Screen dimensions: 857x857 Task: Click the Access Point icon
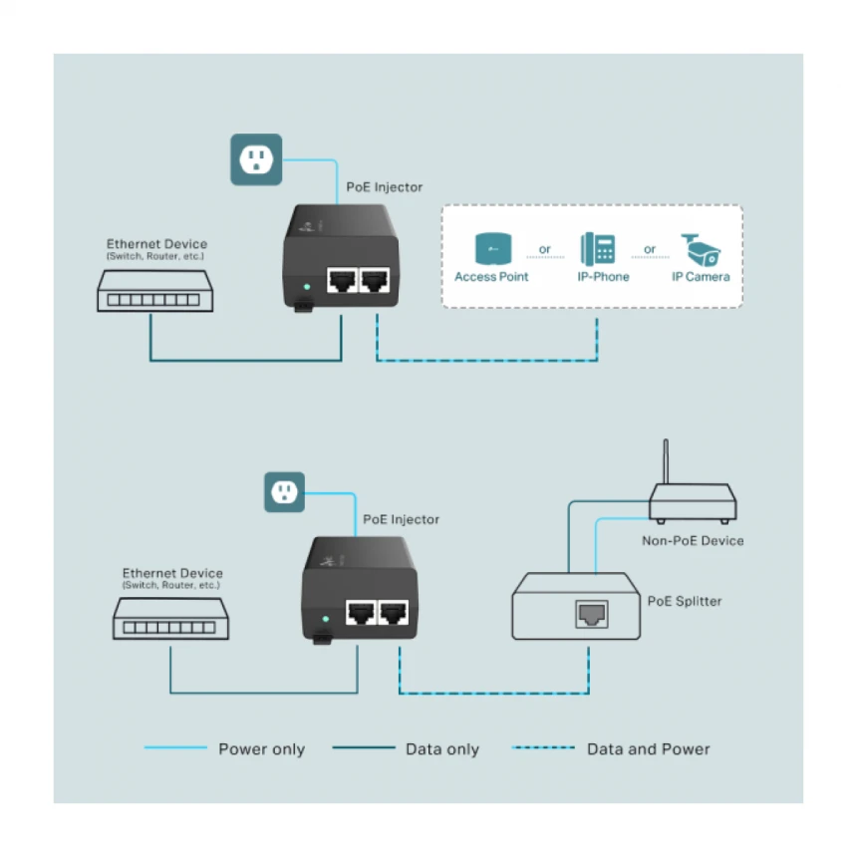(492, 248)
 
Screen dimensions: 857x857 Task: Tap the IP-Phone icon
(598, 248)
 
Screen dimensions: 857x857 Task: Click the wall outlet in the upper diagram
(256, 159)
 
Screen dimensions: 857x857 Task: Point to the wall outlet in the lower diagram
(284, 492)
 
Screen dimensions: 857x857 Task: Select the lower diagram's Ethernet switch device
(169, 623)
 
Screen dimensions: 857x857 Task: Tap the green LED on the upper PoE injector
(306, 287)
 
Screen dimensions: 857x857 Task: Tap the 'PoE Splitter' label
(685, 601)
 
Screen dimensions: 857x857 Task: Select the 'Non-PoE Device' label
(693, 541)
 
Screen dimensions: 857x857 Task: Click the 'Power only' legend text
(261, 749)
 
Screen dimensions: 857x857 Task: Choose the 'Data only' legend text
(442, 749)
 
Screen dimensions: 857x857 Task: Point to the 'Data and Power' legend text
(648, 749)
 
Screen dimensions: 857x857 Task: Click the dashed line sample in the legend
(543, 748)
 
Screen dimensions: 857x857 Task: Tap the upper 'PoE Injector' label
(384, 187)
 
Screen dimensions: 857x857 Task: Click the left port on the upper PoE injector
(343, 282)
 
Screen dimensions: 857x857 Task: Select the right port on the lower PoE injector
(395, 613)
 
